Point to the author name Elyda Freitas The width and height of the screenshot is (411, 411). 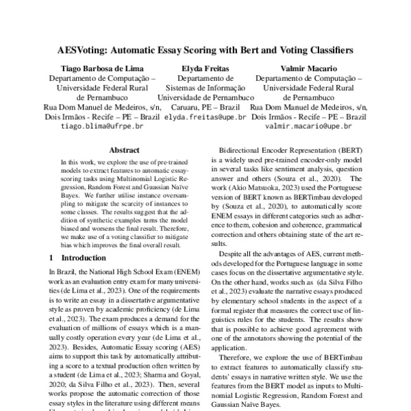click(x=206, y=68)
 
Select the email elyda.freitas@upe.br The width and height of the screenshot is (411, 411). click(x=206, y=117)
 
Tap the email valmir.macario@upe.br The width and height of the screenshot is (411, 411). click(x=308, y=127)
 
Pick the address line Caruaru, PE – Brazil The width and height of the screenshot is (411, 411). click(x=206, y=108)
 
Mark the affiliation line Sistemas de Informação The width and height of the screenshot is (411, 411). click(x=206, y=88)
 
